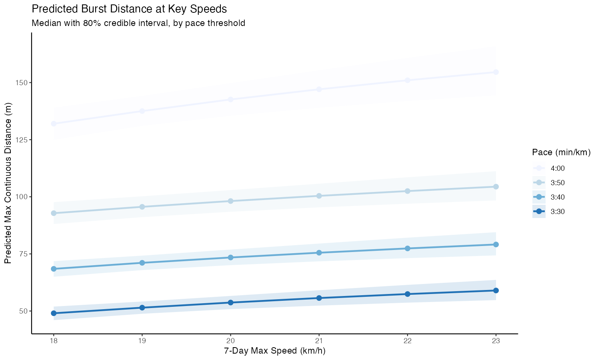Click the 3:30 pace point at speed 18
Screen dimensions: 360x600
[54, 313]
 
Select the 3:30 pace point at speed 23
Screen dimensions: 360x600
[496, 290]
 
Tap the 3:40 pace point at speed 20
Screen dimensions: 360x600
[230, 258]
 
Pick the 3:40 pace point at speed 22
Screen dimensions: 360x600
[408, 248]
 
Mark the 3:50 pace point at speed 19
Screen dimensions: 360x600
[142, 207]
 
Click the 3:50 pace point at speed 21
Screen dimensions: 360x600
[319, 196]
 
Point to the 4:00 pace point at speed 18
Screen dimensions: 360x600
[54, 124]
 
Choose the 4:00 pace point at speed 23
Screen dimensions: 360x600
[496, 72]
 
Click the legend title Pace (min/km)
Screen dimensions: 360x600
[561, 152]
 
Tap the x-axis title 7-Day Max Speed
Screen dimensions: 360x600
[274, 351]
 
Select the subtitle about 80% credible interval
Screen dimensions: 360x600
[138, 23]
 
